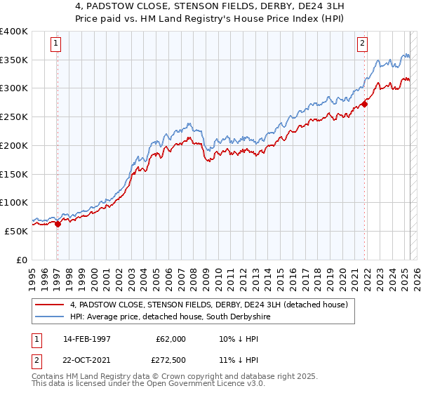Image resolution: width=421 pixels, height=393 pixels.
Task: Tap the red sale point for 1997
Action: [x=58, y=224]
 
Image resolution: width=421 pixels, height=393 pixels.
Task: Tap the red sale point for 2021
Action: [x=365, y=105]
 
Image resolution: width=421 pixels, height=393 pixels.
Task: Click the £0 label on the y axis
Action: [x=22, y=260]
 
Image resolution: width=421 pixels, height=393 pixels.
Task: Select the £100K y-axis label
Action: [x=14, y=202]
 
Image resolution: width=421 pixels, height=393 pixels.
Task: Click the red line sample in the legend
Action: [x=49, y=305]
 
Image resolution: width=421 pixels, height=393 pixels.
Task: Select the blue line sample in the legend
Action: [x=49, y=317]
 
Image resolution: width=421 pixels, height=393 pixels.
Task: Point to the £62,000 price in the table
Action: [x=171, y=339]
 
